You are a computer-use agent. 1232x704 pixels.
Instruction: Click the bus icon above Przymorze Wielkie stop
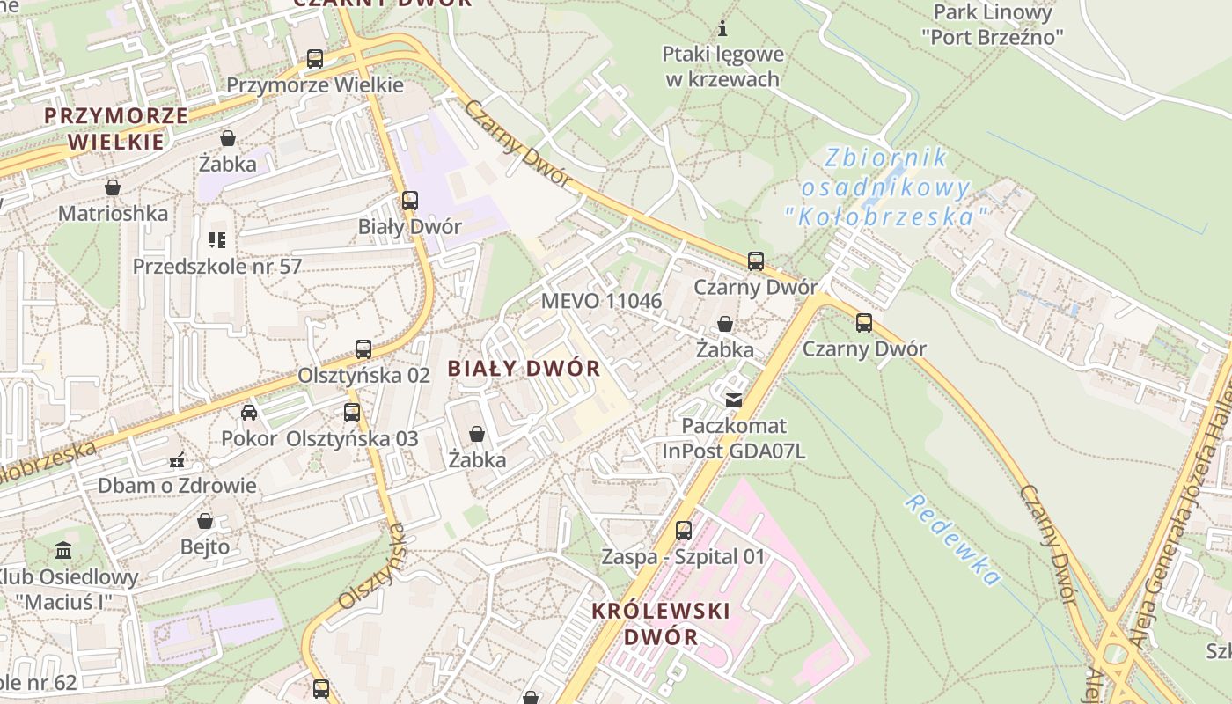pos(315,59)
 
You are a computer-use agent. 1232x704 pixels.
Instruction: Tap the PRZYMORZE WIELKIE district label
pos(116,128)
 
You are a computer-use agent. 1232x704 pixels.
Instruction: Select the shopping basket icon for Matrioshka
pos(113,187)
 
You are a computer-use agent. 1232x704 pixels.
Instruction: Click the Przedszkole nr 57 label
pos(216,266)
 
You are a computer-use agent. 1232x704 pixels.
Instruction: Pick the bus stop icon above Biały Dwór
pos(410,200)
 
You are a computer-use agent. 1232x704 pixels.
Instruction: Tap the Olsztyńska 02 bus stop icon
pos(363,348)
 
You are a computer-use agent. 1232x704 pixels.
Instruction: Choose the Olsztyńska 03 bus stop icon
pos(352,412)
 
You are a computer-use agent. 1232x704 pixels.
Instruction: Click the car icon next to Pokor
pos(249,412)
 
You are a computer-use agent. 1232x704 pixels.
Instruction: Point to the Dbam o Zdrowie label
pos(177,485)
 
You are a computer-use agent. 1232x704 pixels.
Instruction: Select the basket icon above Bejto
pos(205,521)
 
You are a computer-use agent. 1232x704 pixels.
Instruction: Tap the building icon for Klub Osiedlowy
pos(63,551)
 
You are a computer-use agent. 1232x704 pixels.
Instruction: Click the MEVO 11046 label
pos(601,301)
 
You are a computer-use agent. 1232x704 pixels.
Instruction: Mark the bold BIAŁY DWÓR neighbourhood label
pos(524,369)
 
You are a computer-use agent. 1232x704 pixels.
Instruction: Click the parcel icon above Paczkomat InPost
pos(733,400)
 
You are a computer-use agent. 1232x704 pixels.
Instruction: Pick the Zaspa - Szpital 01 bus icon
pos(684,531)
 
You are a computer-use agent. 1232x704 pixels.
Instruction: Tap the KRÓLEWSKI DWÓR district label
pos(661,623)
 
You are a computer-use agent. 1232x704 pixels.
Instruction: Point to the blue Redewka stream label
pos(954,539)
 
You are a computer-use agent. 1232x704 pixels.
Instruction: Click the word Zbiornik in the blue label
pos(886,158)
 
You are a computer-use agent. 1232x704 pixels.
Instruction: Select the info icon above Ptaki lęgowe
pos(723,28)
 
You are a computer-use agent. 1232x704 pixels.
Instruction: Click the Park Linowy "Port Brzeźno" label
pos(993,25)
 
